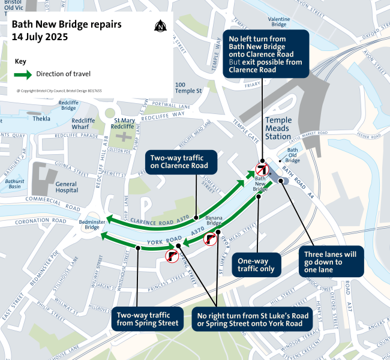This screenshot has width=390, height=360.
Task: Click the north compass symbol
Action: [x=160, y=26]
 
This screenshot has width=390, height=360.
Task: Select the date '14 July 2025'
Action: [x=40, y=37]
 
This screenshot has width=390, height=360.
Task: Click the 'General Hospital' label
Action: [x=66, y=187]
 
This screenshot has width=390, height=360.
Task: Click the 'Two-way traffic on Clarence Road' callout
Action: [x=178, y=161]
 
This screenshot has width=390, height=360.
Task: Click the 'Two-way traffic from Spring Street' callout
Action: [x=148, y=319]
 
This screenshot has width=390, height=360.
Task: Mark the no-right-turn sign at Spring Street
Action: [x=172, y=257]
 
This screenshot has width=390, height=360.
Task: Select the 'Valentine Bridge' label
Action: [x=279, y=22]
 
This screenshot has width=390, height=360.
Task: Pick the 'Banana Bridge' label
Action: [x=215, y=221]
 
